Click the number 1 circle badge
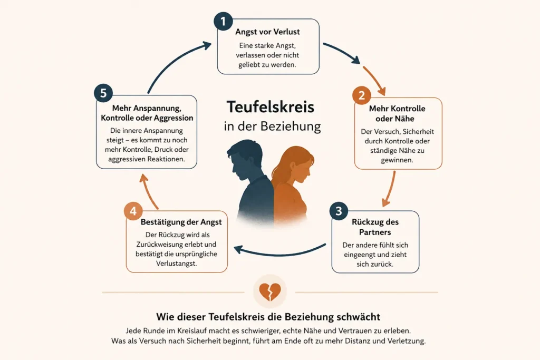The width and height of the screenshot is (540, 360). tap(223, 21)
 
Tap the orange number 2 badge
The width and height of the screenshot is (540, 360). tap(362, 95)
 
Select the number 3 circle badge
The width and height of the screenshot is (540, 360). tap(339, 211)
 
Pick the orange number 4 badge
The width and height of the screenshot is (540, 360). tap(133, 211)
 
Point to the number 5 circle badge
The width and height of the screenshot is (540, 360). tap(103, 93)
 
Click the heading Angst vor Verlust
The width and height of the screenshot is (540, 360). tap(267, 32)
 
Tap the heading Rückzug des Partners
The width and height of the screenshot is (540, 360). tap(375, 227)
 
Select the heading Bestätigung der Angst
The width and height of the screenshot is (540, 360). tap(181, 222)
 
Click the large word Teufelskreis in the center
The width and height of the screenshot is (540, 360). tap(271, 106)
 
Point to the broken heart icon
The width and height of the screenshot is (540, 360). tap(270, 292)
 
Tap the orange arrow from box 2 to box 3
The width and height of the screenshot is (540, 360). tap(390, 189)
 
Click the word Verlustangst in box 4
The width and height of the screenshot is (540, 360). tap(176, 264)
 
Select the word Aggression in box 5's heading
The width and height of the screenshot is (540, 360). tap(173, 118)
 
